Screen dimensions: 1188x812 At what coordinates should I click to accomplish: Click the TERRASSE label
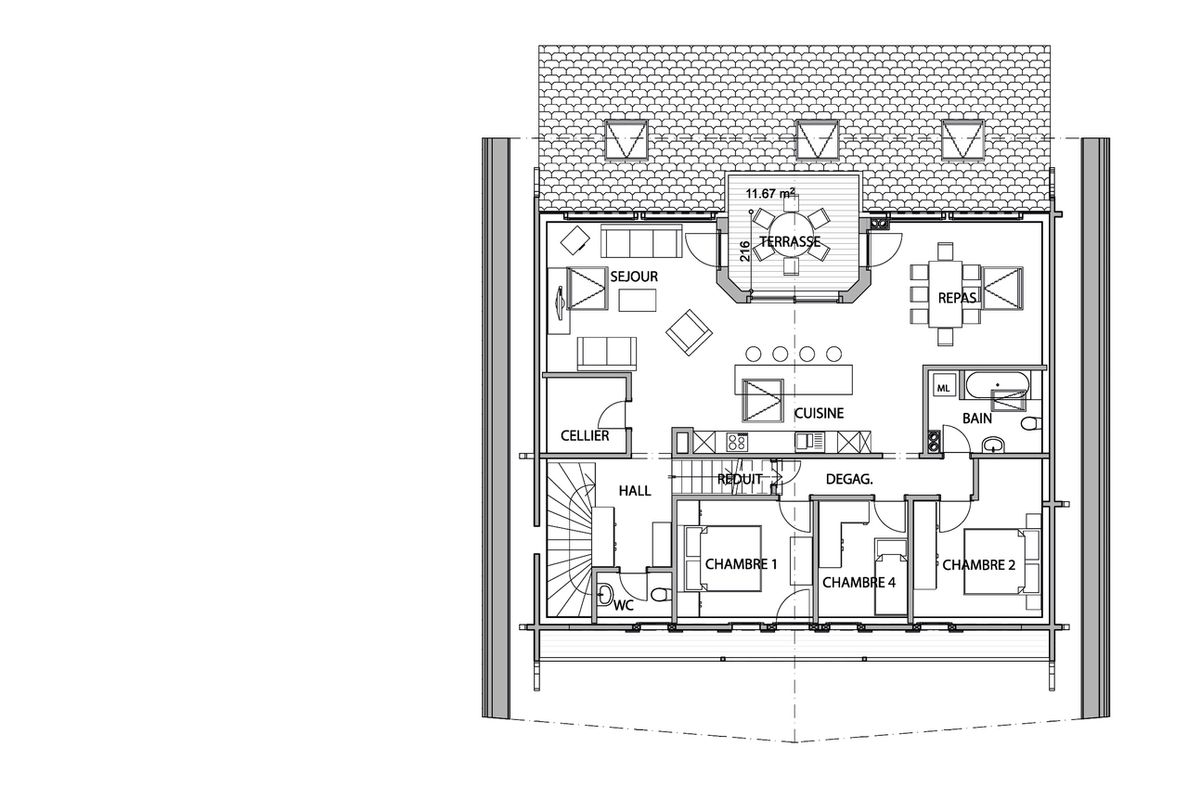click(x=790, y=242)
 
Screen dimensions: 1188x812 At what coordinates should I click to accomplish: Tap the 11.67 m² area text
click(x=770, y=193)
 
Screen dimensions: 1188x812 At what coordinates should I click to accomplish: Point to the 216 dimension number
click(x=744, y=251)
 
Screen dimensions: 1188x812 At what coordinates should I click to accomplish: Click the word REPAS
click(x=957, y=298)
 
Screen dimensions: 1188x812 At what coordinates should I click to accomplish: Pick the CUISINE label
click(x=819, y=413)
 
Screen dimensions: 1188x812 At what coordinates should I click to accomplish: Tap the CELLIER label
click(x=585, y=436)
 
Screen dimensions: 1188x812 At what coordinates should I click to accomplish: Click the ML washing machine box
click(x=943, y=388)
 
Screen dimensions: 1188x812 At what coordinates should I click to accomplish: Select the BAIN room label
click(x=977, y=419)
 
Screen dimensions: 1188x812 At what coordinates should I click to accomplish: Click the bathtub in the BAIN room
click(x=998, y=385)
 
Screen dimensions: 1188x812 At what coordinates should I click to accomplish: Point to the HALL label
click(x=635, y=491)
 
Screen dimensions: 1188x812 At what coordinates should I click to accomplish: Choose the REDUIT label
click(x=740, y=480)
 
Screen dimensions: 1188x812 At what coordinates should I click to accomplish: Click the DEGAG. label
click(x=849, y=480)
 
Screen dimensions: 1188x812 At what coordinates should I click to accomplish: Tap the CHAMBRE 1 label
click(x=741, y=564)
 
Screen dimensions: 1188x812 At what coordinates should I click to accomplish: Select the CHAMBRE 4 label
click(x=859, y=583)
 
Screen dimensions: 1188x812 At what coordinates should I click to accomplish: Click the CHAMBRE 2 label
click(x=978, y=565)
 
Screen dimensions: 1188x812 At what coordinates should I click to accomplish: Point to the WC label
click(x=624, y=605)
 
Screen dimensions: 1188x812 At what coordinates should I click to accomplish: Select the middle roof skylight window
click(x=818, y=139)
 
